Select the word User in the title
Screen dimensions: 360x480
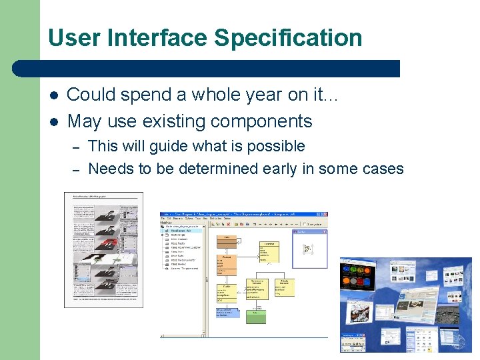[x=75, y=38]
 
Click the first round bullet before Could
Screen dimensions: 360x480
[x=53, y=95]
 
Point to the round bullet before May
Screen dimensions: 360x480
[x=53, y=122]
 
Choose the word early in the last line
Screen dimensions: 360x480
[x=279, y=169]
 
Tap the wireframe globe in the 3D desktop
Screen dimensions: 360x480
[x=459, y=341]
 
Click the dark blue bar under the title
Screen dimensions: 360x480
[x=207, y=68]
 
